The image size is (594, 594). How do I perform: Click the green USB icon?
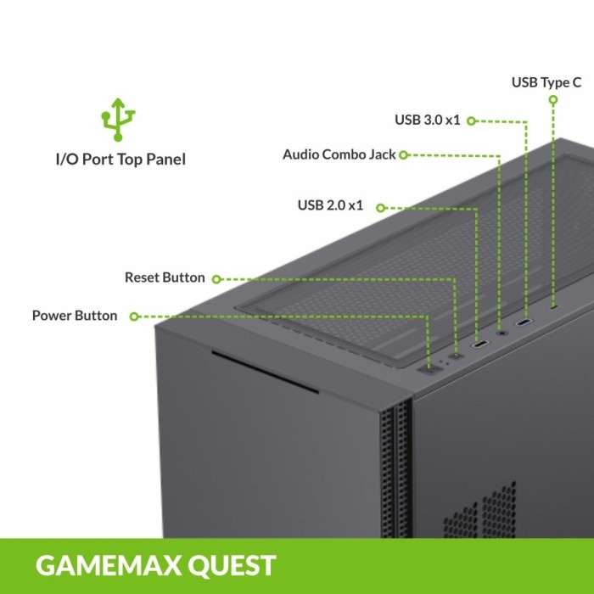coord(120,118)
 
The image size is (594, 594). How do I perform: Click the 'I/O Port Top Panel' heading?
coord(120,159)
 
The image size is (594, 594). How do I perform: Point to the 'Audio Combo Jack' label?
coord(339,154)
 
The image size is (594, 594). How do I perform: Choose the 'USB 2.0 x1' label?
coord(330,205)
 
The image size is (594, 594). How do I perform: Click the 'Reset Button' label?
coord(165,277)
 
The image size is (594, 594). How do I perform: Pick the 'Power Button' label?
coord(75,316)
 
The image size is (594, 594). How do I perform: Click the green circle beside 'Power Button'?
coord(134,317)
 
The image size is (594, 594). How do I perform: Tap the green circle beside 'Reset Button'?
coord(216,278)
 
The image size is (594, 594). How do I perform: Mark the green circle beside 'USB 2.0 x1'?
coord(380,206)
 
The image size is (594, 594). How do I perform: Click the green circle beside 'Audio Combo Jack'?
coord(403,155)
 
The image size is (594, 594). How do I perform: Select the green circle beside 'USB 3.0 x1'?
coord(471,120)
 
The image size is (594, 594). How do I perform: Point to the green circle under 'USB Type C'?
coord(553,99)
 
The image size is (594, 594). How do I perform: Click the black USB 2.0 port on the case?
coord(480,345)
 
